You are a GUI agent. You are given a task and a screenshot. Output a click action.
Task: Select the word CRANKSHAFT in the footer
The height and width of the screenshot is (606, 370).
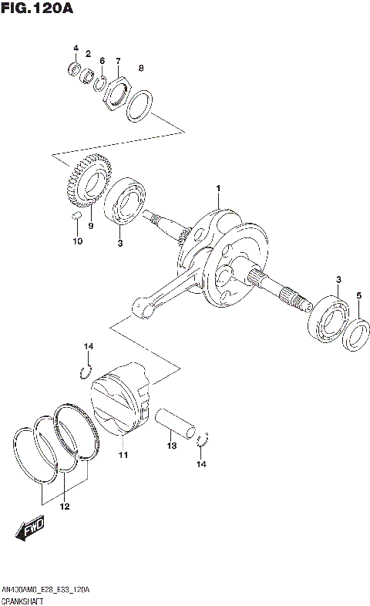click(x=24, y=599)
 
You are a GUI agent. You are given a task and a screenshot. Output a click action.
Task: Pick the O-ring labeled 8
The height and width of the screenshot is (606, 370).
click(x=138, y=106)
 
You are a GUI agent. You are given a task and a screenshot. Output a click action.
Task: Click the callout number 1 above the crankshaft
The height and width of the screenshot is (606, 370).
click(x=218, y=190)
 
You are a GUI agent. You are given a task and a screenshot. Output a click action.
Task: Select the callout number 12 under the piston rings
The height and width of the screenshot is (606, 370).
click(x=65, y=507)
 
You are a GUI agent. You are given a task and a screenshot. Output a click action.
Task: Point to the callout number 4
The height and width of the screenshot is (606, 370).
click(x=76, y=49)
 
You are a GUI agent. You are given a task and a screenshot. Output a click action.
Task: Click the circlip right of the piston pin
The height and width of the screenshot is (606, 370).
click(x=204, y=441)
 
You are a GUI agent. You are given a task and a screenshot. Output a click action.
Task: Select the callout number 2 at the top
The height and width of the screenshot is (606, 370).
click(x=89, y=53)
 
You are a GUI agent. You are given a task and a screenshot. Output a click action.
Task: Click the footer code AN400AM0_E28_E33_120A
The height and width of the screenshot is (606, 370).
click(x=45, y=589)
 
